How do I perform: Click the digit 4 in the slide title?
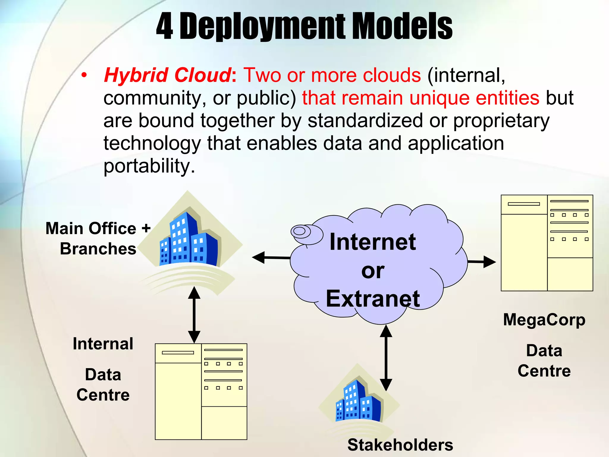(x=164, y=27)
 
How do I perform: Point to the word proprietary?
(x=501, y=121)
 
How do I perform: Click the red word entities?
(x=507, y=98)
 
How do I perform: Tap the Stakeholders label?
(x=400, y=445)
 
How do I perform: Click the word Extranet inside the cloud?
(x=373, y=299)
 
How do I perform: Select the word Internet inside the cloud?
(x=373, y=242)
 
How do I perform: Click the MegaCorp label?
(x=544, y=320)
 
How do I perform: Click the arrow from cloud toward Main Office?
(x=271, y=258)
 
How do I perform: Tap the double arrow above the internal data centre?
(x=194, y=315)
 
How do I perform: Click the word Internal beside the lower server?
(x=103, y=344)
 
